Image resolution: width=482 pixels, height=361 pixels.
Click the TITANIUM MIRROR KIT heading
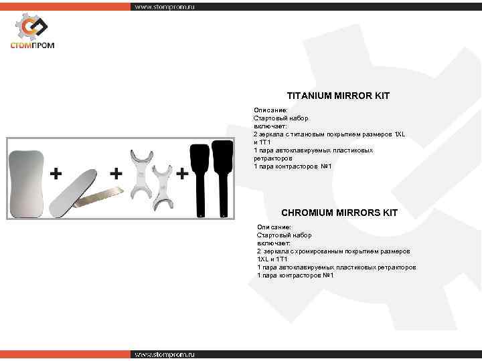338,96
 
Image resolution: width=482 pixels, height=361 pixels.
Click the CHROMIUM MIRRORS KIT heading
339,213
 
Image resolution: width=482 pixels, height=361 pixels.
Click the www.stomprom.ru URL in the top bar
164,7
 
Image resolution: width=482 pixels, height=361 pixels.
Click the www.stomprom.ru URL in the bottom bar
164,354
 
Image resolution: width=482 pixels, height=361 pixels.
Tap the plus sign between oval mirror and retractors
116,174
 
